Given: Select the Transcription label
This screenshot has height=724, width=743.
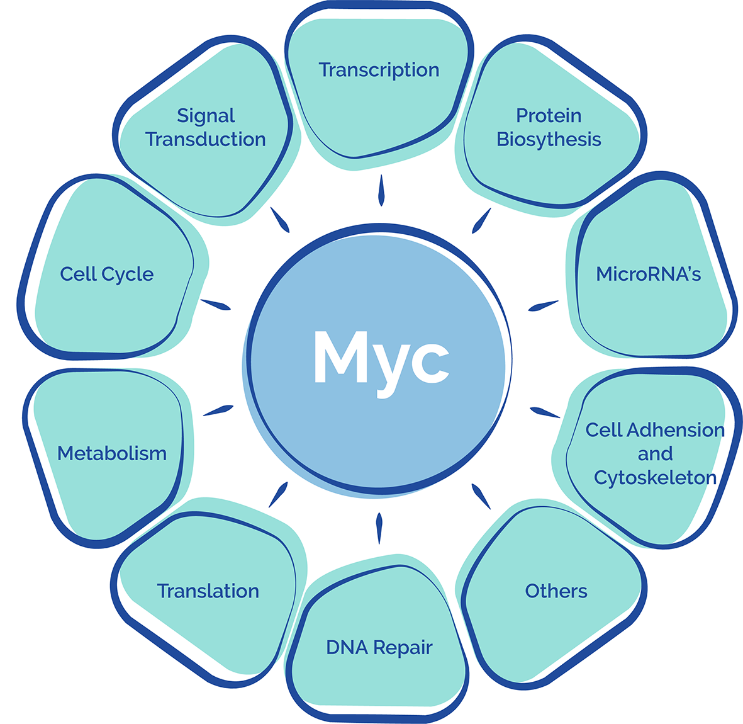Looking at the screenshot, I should pos(379,70).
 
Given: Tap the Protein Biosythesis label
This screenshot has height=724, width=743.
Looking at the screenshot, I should pos(549,127).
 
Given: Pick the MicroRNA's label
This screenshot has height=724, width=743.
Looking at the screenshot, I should pos(648,274).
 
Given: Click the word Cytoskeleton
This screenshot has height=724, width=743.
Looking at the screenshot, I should pos(655,478).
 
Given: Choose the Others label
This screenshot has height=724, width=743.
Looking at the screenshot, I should pos(556,591).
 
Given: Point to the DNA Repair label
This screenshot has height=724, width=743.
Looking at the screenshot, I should pos(379,647).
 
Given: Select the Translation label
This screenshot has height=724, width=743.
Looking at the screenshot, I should pos(208,591).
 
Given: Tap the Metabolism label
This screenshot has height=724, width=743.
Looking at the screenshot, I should pos(112,453).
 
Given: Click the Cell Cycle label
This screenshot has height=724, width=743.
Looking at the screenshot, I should pos(107,274).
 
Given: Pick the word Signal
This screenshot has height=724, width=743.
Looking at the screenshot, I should pos(206,116).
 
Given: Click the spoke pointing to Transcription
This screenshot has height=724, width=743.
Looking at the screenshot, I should pos(381,190).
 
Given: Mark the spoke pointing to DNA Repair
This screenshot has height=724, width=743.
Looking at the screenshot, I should pos(379,528).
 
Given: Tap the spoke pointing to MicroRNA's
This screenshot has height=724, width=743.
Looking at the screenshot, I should pos(543,306).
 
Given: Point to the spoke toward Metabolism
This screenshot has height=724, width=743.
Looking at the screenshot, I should pos(218,410).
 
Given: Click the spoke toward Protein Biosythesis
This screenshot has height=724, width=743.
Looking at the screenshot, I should pos(482,220).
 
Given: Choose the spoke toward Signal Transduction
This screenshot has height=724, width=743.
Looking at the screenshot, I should pos(280,220).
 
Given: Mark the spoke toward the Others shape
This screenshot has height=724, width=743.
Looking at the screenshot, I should pos(481,496).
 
